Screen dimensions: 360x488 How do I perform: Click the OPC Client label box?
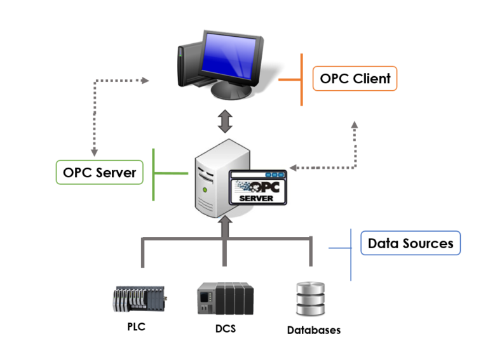(x=355, y=79)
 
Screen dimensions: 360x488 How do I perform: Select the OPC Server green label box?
(x=99, y=171)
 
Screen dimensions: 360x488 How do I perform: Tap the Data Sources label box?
(x=410, y=243)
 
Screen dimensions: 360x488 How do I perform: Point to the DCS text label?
(x=225, y=329)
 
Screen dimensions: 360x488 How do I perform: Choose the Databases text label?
(x=313, y=330)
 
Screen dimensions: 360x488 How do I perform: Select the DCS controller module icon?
(x=226, y=298)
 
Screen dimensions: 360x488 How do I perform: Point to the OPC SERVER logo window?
(x=257, y=187)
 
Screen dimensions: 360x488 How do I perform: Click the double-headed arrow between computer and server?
(x=224, y=121)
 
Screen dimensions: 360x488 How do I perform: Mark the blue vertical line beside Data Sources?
(x=350, y=254)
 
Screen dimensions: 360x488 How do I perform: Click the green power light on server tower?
(x=205, y=189)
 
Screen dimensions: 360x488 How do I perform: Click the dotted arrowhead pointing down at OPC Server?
(x=95, y=152)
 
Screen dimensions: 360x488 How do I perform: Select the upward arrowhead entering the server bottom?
(x=224, y=224)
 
